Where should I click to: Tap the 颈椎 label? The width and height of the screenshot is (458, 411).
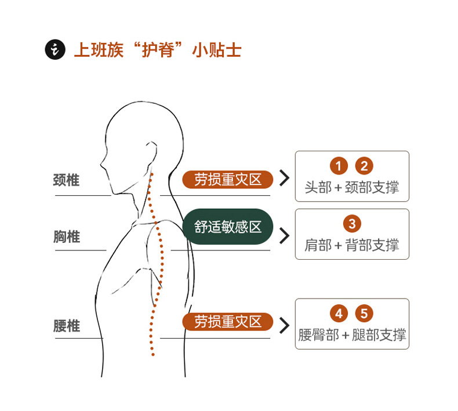point(66,180)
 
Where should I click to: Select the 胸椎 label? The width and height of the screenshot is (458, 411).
point(66,237)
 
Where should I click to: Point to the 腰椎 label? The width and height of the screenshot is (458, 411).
point(66,326)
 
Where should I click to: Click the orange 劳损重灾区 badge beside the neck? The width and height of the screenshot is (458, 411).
point(227,180)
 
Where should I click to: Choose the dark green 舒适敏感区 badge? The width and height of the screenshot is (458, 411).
point(227,227)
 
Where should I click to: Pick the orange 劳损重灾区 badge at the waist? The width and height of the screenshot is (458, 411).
point(227,322)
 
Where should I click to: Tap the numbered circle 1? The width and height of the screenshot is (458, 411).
point(339,166)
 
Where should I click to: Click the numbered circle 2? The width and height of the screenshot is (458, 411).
point(364,166)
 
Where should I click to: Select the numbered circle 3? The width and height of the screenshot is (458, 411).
point(352,224)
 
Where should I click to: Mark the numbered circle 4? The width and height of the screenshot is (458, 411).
point(339,314)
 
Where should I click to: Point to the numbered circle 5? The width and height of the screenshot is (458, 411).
point(364,314)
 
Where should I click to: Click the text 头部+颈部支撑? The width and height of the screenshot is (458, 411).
point(352,188)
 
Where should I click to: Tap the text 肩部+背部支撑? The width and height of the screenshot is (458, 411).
point(352,245)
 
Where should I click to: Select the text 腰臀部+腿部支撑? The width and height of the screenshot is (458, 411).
point(352,335)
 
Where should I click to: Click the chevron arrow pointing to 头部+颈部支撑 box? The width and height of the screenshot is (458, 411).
point(284,178)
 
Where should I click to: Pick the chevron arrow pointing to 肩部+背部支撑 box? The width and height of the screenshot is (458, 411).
point(284,235)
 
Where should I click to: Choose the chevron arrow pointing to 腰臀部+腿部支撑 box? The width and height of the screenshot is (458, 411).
point(284,325)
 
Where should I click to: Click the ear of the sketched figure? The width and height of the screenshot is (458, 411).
point(150,155)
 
